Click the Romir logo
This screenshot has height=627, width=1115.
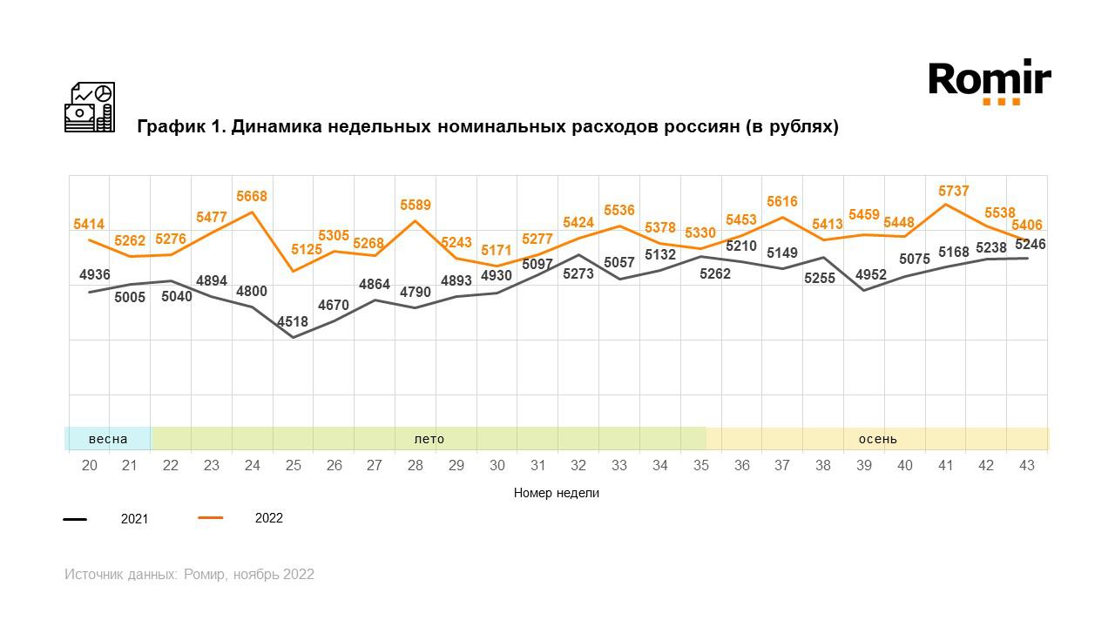tap(990, 81)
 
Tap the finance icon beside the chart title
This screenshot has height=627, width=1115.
tap(90, 107)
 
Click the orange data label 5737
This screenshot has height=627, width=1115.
tap(954, 192)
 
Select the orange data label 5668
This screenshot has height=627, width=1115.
tap(252, 198)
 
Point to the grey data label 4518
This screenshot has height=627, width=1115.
tap(293, 322)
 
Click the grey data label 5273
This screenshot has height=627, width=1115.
tap(578, 273)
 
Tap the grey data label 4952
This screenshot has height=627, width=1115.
tap(870, 275)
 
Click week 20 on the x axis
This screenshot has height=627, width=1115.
tap(90, 466)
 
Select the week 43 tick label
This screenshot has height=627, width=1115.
tap(1027, 466)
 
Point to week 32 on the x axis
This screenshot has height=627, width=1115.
tap(578, 466)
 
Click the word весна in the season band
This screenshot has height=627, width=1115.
tap(108, 439)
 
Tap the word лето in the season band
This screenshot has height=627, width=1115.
tap(429, 439)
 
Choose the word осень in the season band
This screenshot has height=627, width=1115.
tap(877, 439)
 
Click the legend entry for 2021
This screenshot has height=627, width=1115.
tap(134, 519)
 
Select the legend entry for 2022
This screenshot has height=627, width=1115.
tap(268, 518)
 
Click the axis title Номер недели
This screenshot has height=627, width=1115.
tap(557, 493)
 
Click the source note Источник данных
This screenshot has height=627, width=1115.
tap(120, 575)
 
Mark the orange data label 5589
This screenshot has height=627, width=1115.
tap(416, 206)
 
